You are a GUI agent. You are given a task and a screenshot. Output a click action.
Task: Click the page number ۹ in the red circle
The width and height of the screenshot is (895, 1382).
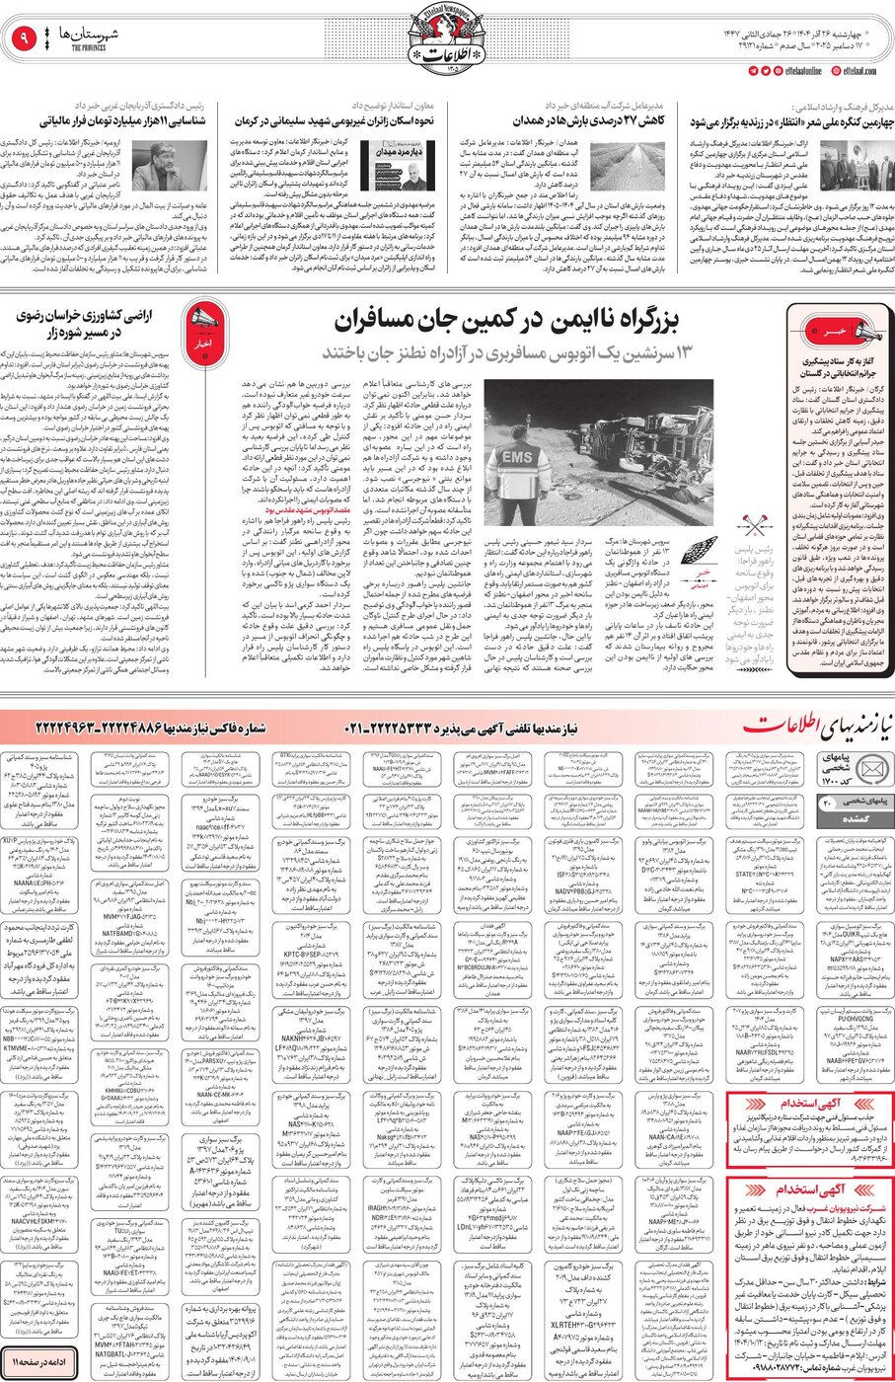(23, 39)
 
